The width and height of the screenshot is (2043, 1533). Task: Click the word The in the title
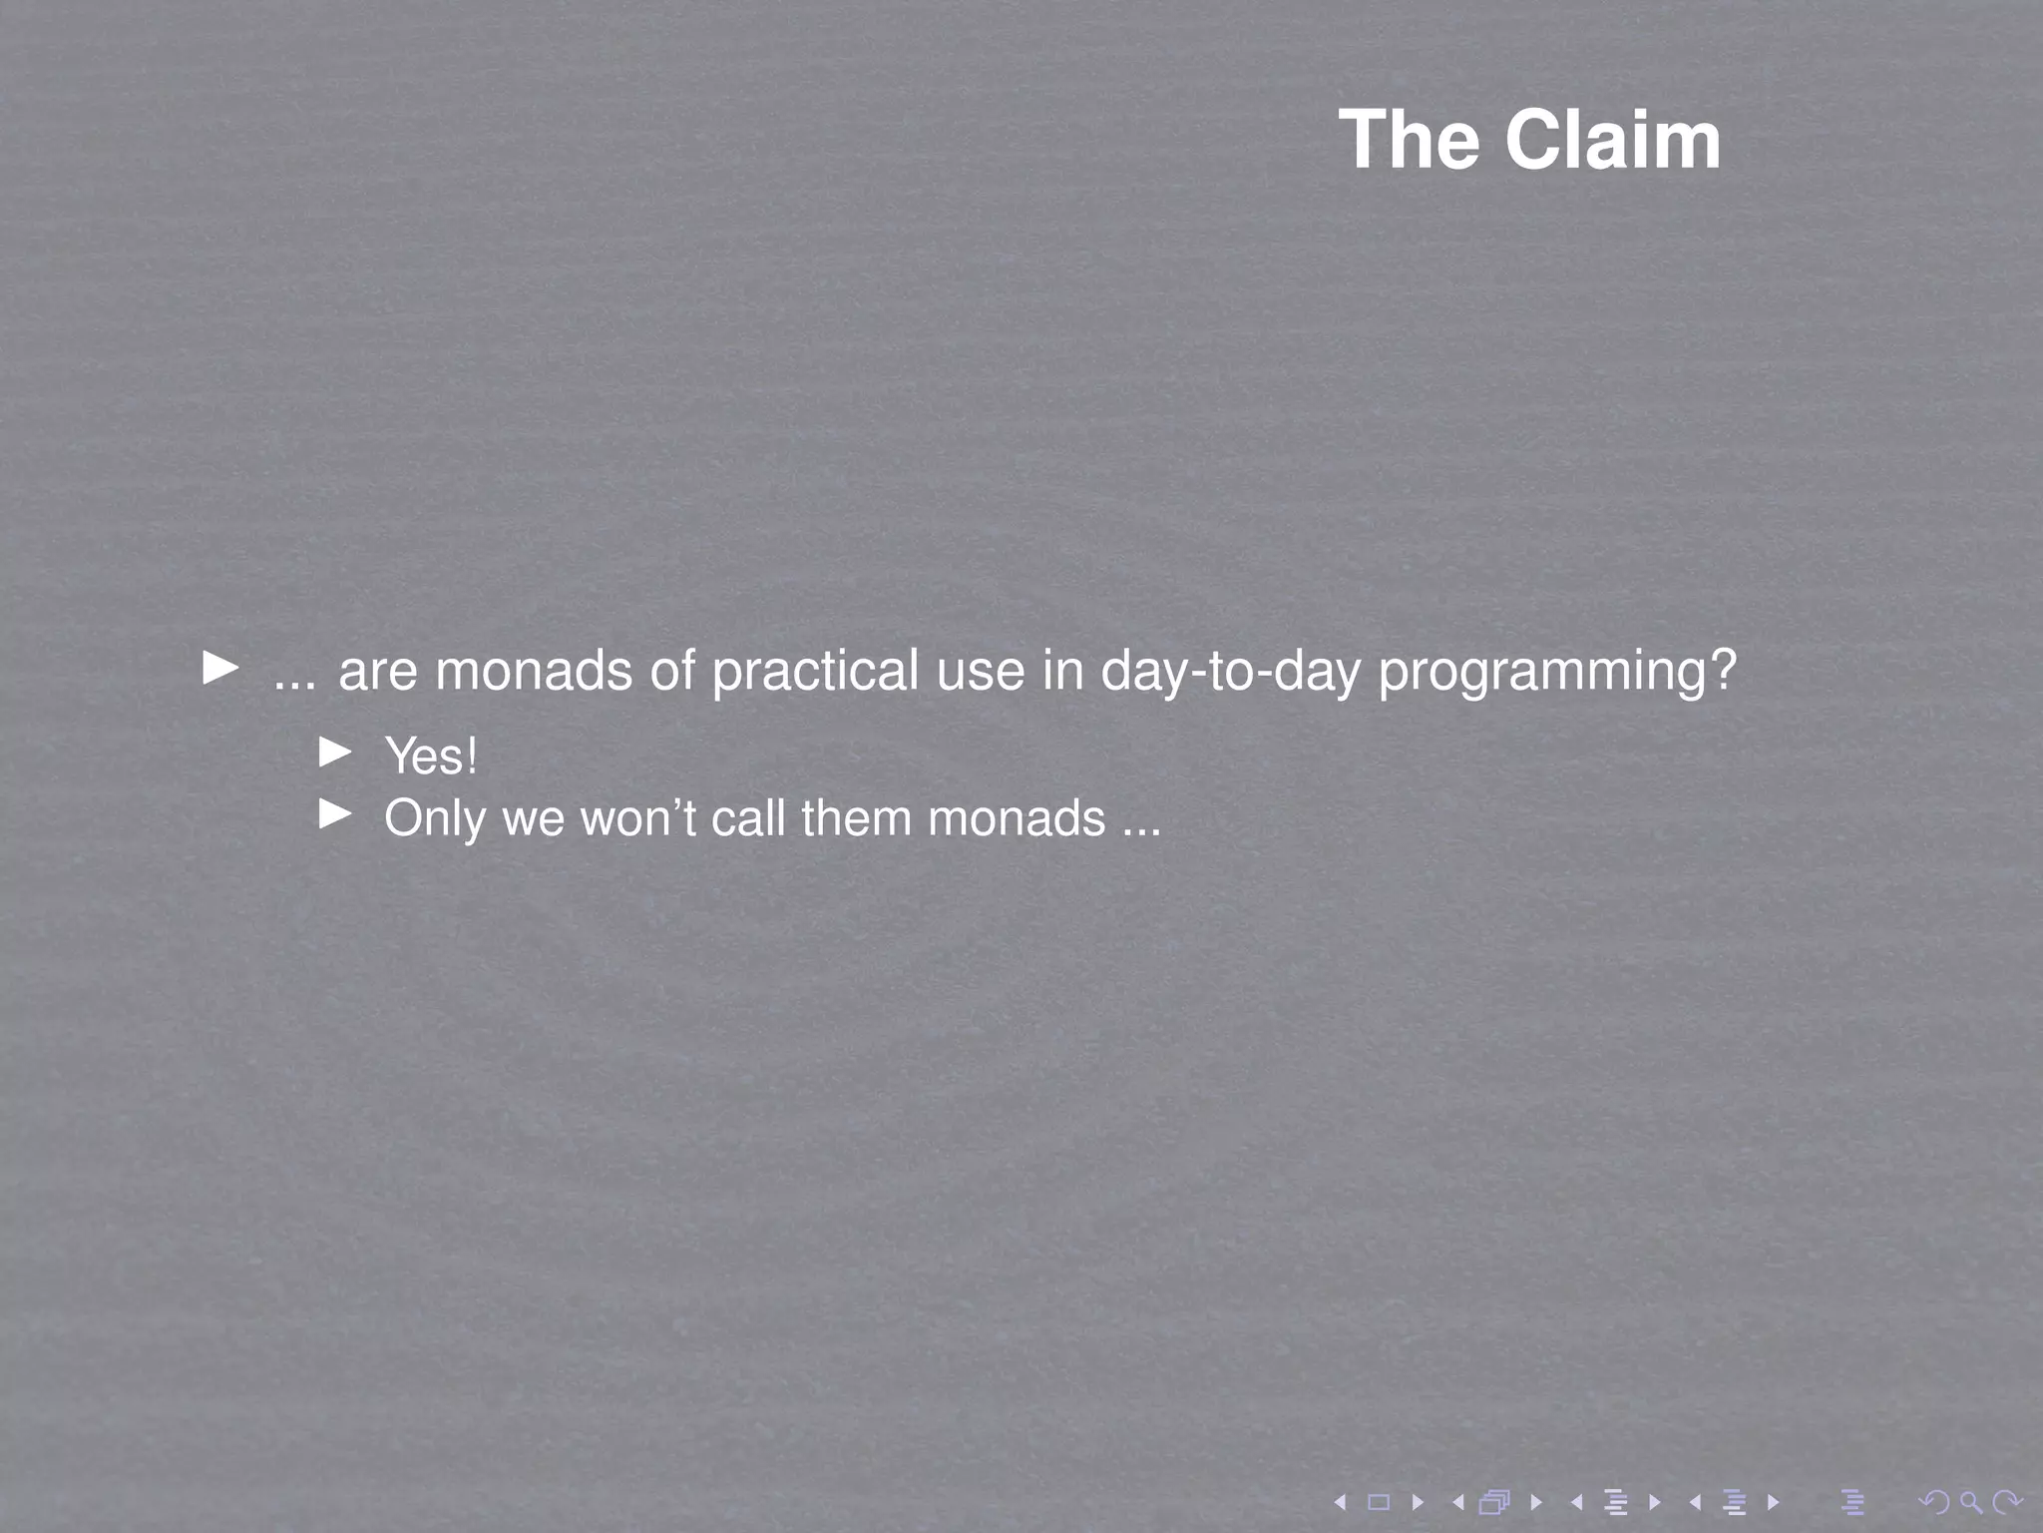[x=1410, y=141]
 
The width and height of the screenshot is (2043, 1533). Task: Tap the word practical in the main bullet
[x=815, y=671]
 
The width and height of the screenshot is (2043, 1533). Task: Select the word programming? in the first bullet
[x=1556, y=671]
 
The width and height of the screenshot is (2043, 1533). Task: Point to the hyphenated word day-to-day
[x=1230, y=671]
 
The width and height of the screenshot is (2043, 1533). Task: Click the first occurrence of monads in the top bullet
[x=534, y=671]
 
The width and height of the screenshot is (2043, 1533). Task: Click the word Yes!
[x=431, y=756]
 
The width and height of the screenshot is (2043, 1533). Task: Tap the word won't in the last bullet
[x=637, y=818]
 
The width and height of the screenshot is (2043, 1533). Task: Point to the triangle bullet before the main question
[x=220, y=667]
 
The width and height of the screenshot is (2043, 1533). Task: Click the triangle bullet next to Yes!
[x=335, y=753]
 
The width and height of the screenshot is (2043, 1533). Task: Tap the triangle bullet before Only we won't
[x=335, y=815]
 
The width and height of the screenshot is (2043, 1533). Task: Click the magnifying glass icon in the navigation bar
[x=1970, y=1501]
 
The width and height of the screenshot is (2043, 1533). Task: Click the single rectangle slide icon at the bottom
[x=1379, y=1501]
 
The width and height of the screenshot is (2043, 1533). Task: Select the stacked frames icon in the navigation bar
[x=1494, y=1501]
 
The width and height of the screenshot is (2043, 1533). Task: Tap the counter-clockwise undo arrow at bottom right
[x=1934, y=1501]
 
